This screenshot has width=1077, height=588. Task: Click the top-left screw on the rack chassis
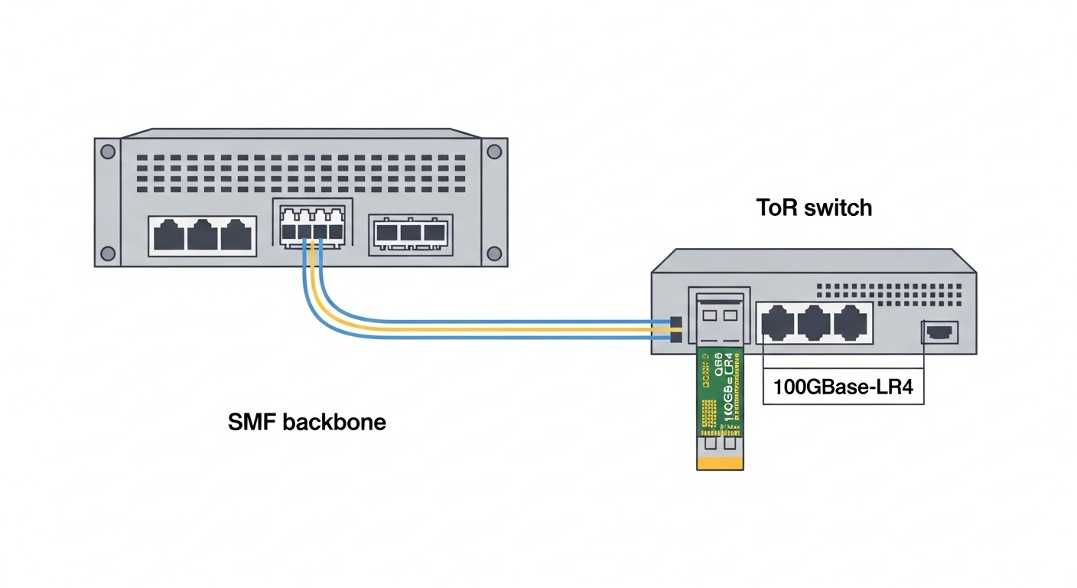pos(108,152)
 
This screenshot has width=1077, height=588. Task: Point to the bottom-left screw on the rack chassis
pos(108,253)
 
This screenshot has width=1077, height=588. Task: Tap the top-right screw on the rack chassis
pos(494,152)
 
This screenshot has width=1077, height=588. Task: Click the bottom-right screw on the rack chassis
pos(494,253)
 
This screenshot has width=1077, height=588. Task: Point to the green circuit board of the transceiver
pos(720,390)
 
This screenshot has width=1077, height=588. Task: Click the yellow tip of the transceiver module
pos(720,462)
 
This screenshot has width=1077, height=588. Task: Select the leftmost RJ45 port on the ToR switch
pos(776,322)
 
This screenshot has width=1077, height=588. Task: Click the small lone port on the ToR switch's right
pos(939,332)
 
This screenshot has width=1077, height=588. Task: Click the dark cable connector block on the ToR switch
pos(675,329)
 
